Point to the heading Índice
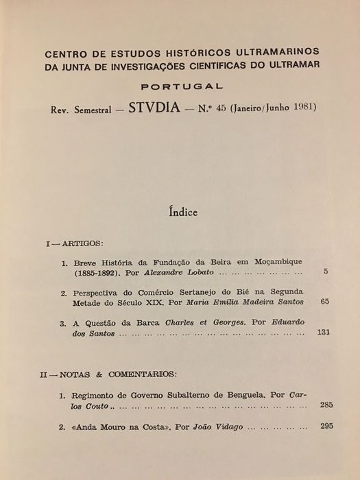tap(180, 213)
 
